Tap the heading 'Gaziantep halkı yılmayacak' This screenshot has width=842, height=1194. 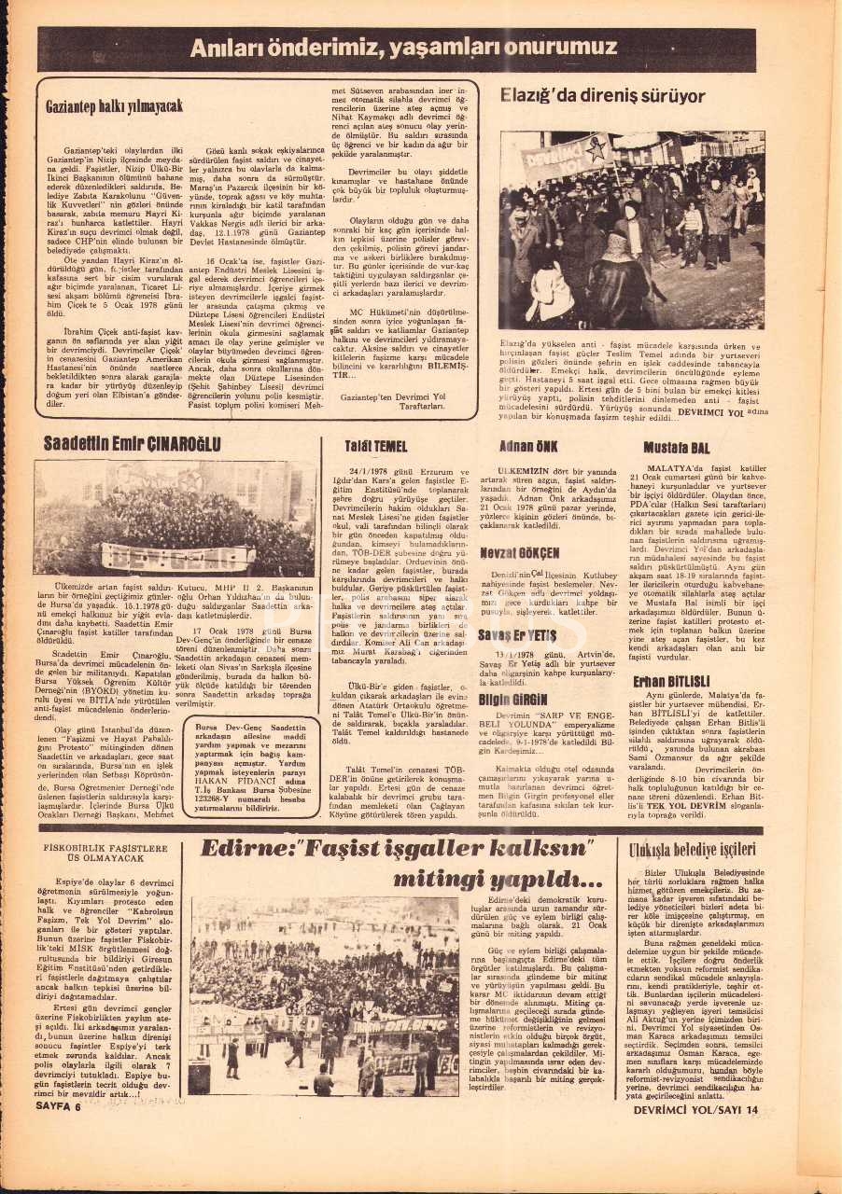[x=114, y=106]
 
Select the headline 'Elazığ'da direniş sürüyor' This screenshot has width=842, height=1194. [x=602, y=95]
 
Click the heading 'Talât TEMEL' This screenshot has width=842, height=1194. [x=375, y=447]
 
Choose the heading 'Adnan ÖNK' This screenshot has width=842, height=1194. [x=527, y=446]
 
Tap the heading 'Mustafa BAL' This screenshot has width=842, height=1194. [x=677, y=448]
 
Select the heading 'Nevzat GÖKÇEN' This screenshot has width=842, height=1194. [x=519, y=553]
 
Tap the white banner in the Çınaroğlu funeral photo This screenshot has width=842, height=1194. [x=177, y=556]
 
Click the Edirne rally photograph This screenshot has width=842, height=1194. [x=324, y=995]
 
